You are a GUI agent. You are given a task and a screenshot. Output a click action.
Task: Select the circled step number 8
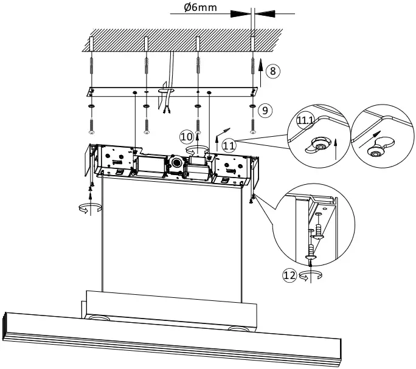pyautogui.click(x=274, y=72)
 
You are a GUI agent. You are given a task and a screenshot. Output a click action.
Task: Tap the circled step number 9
pyautogui.click(x=264, y=110)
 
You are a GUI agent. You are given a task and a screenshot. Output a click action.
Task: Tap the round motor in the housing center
pyautogui.click(x=176, y=163)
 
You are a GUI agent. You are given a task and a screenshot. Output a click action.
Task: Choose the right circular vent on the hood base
pyautogui.click(x=240, y=328)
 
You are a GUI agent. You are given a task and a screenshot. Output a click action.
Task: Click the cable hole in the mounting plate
pyautogui.click(x=165, y=91)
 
